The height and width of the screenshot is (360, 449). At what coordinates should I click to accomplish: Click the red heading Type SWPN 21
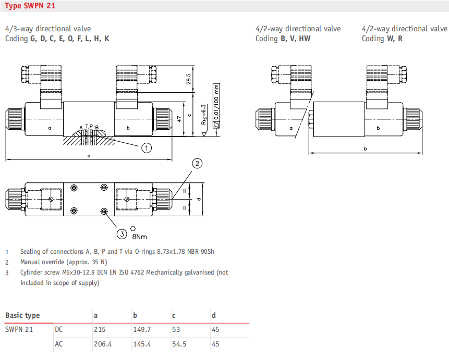click(30, 6)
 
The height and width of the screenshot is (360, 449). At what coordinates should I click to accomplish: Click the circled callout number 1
click(147, 148)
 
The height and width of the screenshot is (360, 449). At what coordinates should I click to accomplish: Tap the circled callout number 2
click(197, 164)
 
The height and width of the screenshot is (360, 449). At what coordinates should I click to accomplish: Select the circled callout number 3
click(122, 234)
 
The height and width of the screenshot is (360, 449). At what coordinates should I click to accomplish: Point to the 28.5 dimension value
click(188, 79)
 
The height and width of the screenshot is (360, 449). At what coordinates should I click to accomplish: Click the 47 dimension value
click(179, 119)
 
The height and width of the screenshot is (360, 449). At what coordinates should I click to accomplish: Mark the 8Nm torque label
click(139, 237)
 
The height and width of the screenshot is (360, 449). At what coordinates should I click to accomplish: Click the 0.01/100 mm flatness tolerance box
click(216, 106)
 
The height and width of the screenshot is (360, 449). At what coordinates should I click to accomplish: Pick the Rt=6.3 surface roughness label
click(203, 115)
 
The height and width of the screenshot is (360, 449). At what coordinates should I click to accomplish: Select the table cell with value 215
click(100, 330)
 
